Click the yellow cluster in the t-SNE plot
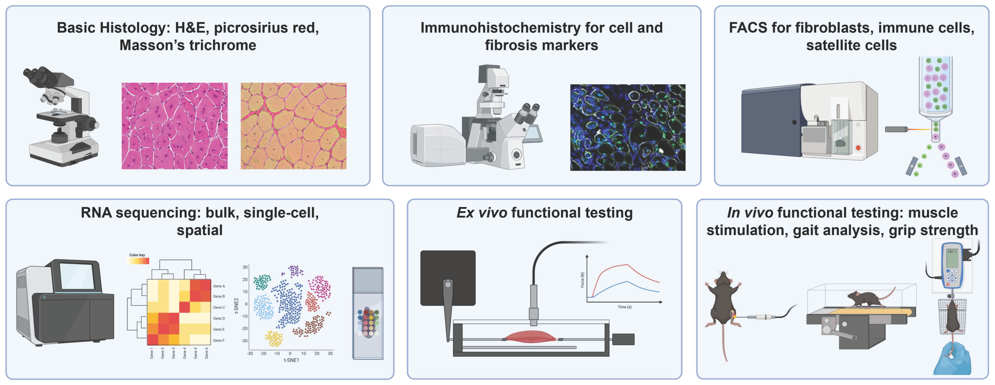[x=274, y=339]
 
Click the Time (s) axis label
[x=625, y=307]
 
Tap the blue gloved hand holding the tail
[x=952, y=359]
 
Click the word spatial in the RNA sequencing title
[x=200, y=230]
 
